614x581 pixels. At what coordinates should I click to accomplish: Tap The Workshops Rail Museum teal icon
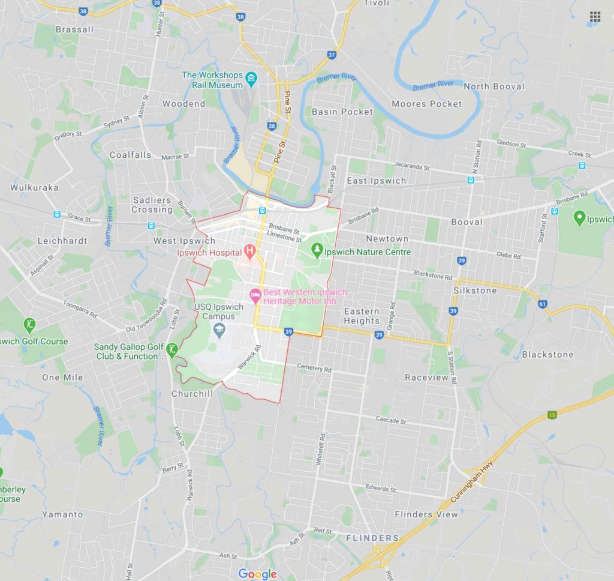[251, 79]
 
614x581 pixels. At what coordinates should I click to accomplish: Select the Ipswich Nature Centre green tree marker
[317, 250]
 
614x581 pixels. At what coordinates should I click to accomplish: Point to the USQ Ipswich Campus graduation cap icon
[219, 329]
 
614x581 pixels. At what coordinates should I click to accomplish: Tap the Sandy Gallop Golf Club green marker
[172, 349]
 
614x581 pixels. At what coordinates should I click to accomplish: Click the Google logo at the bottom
[257, 574]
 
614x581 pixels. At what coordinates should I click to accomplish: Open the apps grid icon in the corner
[595, 16]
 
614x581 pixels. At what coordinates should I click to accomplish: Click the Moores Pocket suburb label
[427, 104]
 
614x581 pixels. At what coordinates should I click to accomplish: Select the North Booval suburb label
[493, 86]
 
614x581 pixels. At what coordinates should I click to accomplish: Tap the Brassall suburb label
[74, 29]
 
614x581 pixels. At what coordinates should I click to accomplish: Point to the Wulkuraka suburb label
[34, 187]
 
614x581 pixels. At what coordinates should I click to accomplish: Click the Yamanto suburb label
[62, 514]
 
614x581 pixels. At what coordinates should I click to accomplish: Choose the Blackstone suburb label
[547, 354]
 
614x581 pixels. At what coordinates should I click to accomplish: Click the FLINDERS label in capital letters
[372, 538]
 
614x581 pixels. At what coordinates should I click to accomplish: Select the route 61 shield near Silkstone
[543, 304]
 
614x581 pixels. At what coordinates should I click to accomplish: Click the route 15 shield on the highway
[552, 415]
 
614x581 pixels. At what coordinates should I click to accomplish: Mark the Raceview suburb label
[426, 378]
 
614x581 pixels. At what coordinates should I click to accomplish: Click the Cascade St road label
[391, 420]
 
